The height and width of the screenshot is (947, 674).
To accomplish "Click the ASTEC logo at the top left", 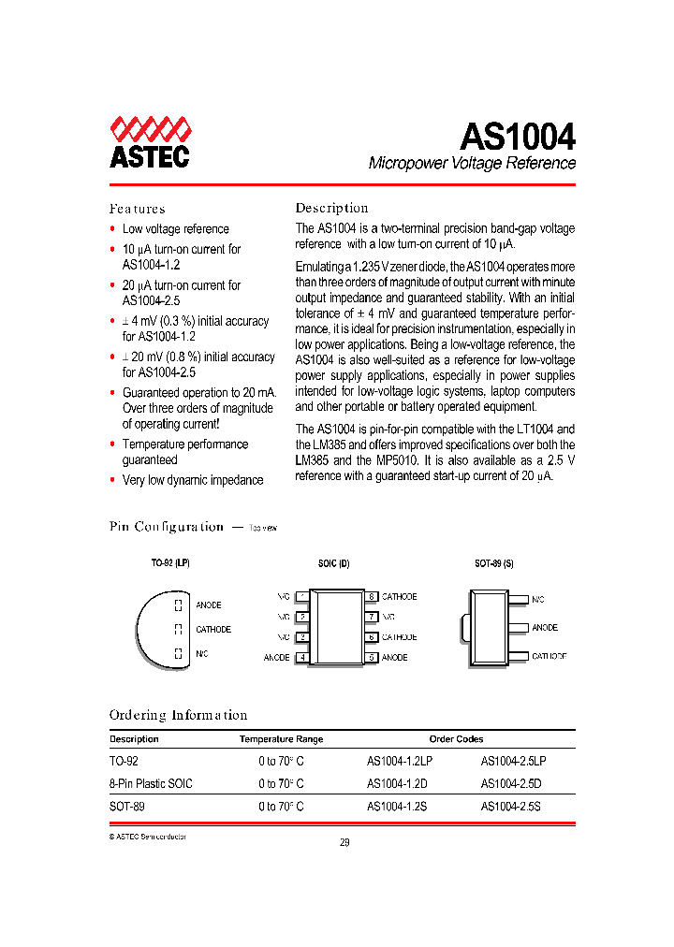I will point(150,142).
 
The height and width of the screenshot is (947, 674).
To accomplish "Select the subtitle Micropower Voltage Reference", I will point(472,163).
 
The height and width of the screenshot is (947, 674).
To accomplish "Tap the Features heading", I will point(137,209).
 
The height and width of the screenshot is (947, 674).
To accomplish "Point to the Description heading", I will point(331,208).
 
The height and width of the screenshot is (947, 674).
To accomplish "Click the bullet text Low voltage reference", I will point(175,229).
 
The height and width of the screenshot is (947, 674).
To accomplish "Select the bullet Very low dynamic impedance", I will point(193,480).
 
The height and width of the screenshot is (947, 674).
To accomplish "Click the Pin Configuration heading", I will point(167,527).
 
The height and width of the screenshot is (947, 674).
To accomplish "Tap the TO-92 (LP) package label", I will point(170,564).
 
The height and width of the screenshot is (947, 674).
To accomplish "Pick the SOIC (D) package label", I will point(333,564).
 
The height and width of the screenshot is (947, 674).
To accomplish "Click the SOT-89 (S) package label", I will point(493,564).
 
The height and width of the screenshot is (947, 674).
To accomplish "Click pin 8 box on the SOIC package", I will point(372,597).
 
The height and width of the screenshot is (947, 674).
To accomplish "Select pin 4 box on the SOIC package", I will point(301,657).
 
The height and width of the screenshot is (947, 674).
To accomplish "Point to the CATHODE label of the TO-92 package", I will point(212,630).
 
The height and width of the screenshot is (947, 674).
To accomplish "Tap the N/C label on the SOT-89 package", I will point(538,599).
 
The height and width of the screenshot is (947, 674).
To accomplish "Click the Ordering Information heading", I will point(178,715).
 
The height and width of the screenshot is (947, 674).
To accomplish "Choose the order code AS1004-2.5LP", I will point(514,762).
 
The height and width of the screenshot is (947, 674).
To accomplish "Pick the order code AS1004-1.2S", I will point(397,806).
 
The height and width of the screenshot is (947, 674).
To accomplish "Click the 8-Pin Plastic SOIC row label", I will point(151,783).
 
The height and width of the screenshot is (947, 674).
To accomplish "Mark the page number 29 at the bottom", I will point(344,842).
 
